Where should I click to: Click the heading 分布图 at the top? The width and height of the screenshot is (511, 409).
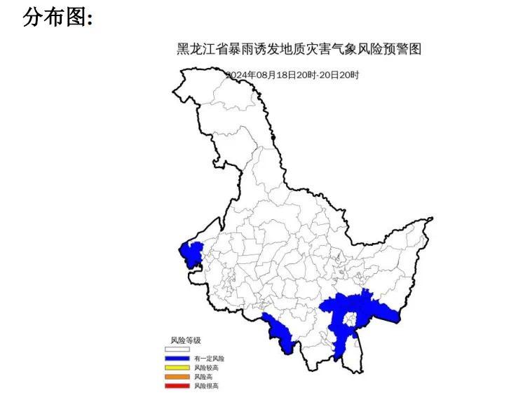point(58,18)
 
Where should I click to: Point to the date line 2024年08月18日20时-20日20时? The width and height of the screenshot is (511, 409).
point(292,75)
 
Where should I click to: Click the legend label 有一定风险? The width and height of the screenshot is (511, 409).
point(210,358)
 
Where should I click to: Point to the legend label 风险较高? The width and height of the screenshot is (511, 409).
point(207,367)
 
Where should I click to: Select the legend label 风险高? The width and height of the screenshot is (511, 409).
point(204,376)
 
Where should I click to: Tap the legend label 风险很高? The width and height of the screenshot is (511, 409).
point(207,385)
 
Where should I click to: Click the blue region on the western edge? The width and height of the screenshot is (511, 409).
point(191,252)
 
